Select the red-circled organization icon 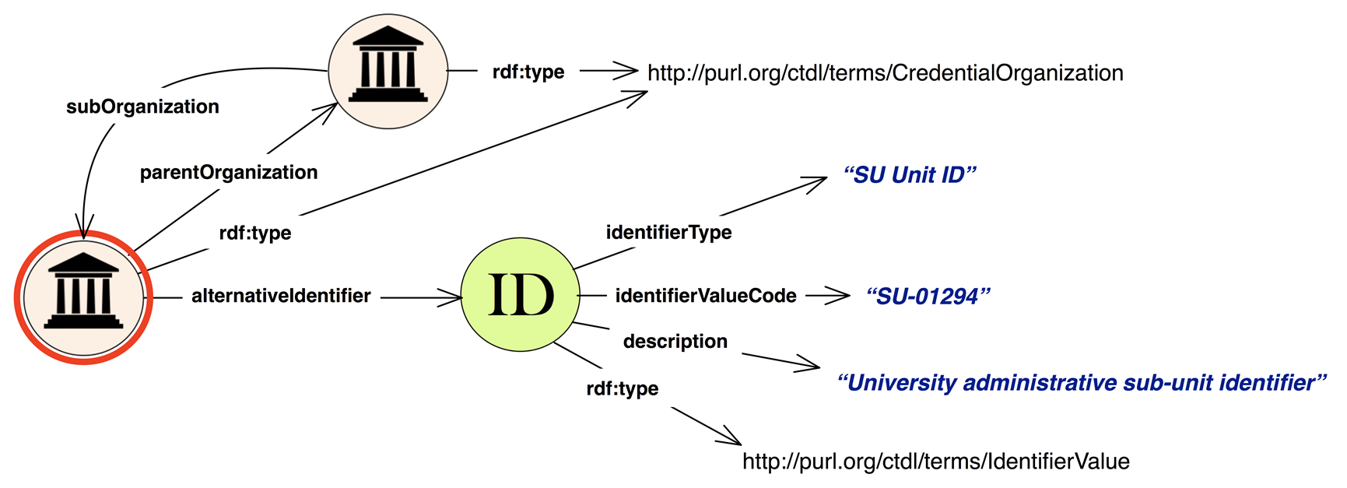coord(83,297)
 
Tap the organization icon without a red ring coord(388,71)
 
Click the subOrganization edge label coord(142,107)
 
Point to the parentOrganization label coord(229,172)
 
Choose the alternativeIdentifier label coord(281,296)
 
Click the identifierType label coord(668,232)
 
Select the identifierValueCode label coord(706,296)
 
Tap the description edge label coord(675,341)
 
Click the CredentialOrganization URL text coord(886,73)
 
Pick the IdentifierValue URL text coord(936,462)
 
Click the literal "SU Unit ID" coord(910,175)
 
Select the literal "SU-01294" coord(928,297)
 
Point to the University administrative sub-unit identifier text coord(1082,383)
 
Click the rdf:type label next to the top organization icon coord(528,72)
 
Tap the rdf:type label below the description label coord(623,388)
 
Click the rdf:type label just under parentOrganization coord(255,233)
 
